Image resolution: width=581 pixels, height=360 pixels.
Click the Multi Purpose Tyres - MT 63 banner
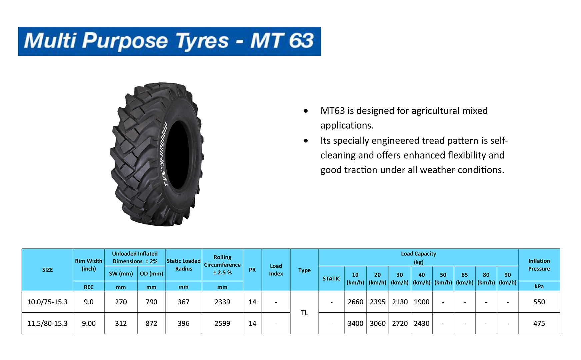pos(169,41)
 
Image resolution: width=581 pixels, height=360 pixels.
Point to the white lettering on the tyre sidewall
pos(165,154)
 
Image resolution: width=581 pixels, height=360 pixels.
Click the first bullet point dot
pos(306,111)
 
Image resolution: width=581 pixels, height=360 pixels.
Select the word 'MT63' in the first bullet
pos(333,111)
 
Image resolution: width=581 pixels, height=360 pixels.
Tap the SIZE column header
pos(47,270)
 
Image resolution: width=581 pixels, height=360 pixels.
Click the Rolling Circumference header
pos(222,265)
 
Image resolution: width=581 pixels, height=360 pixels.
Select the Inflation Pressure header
pos(539,265)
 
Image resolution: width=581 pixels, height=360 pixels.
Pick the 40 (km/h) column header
pos(422,279)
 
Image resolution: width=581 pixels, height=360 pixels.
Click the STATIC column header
pos(331,279)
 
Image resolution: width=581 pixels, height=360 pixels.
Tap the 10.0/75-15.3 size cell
pos(47,302)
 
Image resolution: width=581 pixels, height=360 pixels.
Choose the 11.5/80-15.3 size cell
pos(47,323)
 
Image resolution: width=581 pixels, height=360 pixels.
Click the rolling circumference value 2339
pos(222,302)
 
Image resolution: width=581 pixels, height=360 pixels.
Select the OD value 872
pos(151,323)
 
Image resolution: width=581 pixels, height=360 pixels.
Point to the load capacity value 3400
pos(355,323)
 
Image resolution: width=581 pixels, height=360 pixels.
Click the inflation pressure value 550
pos(539,302)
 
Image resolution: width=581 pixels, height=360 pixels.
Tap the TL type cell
pos(304,313)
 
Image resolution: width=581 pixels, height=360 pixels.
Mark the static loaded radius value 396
pos(183,323)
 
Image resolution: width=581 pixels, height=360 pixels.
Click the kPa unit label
pos(539,286)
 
